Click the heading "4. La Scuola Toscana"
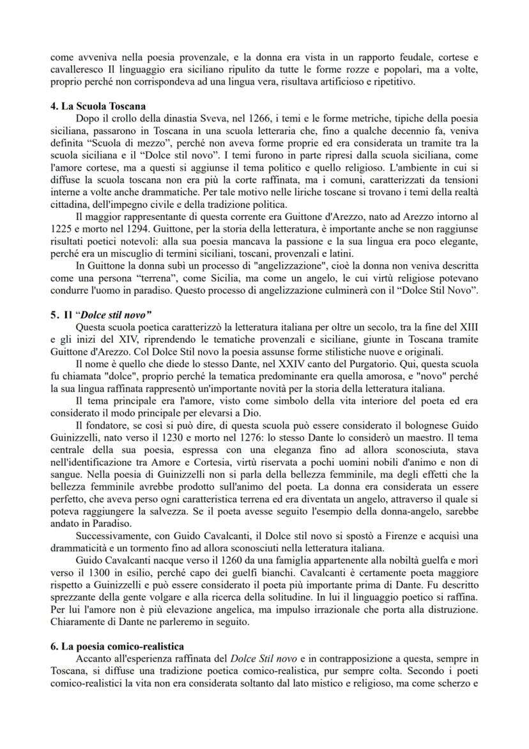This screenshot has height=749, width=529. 94,106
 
